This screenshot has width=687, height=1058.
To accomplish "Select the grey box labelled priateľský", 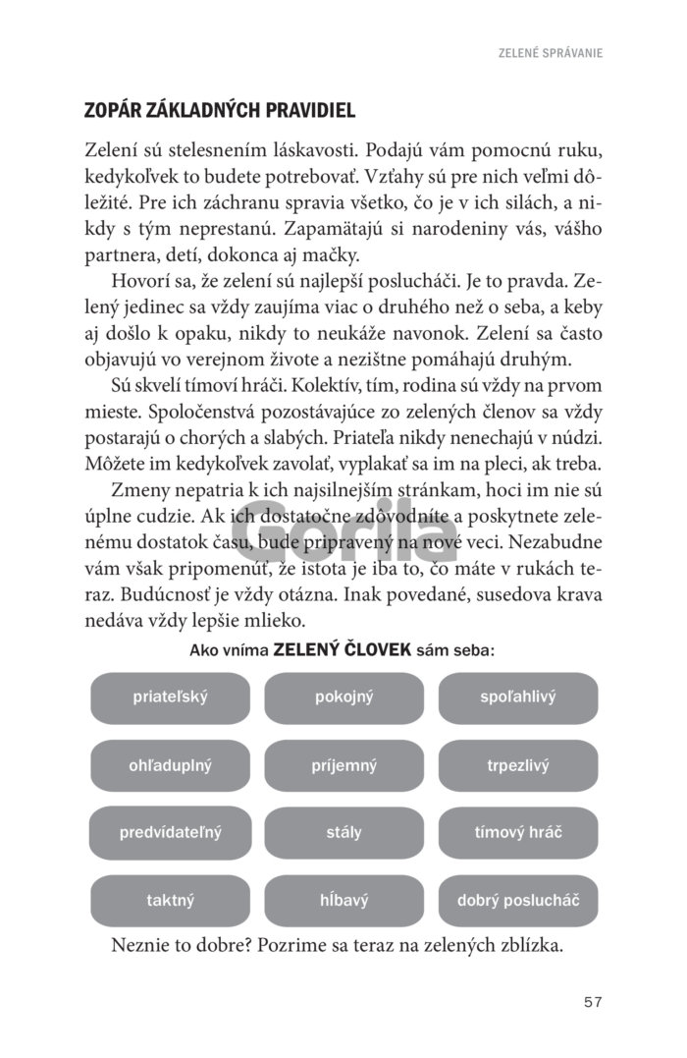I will tap(171, 697).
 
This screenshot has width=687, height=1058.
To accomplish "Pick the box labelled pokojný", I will tap(344, 697).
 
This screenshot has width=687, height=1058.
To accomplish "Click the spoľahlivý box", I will tap(518, 697).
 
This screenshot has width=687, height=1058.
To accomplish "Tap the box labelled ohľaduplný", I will tap(171, 765).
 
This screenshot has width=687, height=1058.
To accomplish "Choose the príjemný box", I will tap(344, 765).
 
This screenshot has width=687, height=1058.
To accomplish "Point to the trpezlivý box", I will tap(518, 765).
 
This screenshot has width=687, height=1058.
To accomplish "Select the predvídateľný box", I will tap(171, 832).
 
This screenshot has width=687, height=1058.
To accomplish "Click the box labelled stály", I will tap(344, 832).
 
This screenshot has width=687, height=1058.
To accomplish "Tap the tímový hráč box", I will tap(518, 832).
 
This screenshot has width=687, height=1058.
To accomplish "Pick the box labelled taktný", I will tap(171, 900).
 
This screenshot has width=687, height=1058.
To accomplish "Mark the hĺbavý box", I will tap(344, 900).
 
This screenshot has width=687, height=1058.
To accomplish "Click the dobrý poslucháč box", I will tap(518, 900).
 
